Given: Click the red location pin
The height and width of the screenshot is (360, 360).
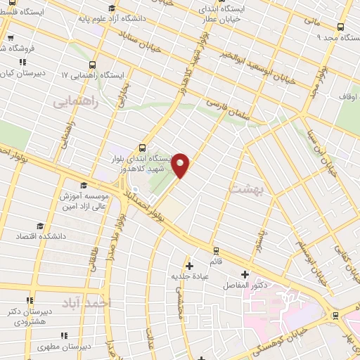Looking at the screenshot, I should click(x=181, y=165).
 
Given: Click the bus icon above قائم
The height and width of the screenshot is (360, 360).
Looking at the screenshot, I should click(x=217, y=250).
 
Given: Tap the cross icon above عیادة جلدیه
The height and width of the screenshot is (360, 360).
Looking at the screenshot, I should click(x=188, y=266).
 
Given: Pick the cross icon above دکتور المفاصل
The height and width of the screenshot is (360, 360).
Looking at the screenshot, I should click(x=245, y=274).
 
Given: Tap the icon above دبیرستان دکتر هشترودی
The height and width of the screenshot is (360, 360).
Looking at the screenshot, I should click(x=30, y=300).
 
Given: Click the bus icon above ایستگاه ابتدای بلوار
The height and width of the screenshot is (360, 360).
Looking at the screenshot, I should click(x=142, y=148).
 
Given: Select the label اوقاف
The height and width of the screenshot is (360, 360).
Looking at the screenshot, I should click(x=349, y=96).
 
